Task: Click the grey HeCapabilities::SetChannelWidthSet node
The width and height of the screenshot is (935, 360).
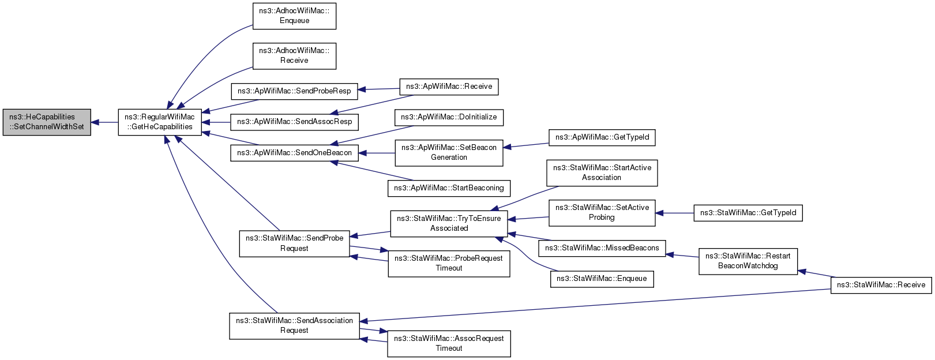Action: click(x=47, y=122)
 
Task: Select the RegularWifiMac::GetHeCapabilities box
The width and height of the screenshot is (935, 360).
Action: click(x=160, y=122)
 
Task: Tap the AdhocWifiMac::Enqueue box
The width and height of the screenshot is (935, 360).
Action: click(x=294, y=16)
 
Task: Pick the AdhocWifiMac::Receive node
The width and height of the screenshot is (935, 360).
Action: click(x=294, y=56)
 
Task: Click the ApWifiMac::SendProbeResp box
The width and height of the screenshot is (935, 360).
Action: click(x=294, y=91)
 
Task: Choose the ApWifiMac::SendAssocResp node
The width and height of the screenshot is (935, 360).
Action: click(x=294, y=122)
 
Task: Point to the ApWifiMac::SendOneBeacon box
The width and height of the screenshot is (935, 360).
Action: click(x=294, y=153)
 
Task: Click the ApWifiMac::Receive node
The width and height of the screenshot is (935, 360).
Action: click(x=449, y=87)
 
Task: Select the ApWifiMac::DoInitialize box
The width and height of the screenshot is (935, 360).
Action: click(x=449, y=117)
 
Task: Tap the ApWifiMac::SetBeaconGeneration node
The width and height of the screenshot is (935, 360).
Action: click(x=449, y=153)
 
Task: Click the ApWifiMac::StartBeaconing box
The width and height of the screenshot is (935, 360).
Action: click(x=449, y=188)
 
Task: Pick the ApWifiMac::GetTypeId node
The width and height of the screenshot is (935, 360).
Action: click(x=602, y=137)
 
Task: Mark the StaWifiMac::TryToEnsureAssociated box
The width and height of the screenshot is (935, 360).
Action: click(x=449, y=223)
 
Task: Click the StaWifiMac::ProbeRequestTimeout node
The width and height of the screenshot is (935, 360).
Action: click(x=449, y=264)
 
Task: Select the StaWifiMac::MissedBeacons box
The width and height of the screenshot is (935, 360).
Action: click(x=602, y=248)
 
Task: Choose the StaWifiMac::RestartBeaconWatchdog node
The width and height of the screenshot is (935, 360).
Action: click(x=748, y=261)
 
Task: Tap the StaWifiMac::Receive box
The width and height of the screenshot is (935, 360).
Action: click(x=881, y=285)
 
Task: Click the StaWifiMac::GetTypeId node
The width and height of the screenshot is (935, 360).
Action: click(x=748, y=212)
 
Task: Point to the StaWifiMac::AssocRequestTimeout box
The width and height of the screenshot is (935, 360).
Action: click(x=449, y=343)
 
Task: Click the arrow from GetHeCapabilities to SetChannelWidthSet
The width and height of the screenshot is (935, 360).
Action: click(x=105, y=122)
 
